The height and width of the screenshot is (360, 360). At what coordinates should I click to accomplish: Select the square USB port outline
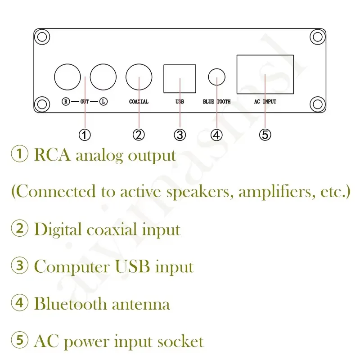(x=180, y=79)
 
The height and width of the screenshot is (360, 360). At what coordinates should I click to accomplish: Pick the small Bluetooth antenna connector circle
(x=217, y=77)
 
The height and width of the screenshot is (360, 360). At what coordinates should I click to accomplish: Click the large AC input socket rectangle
(x=265, y=75)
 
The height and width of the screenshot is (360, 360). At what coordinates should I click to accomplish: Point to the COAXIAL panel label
(x=139, y=102)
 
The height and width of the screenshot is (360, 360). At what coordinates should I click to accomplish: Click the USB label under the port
(x=180, y=102)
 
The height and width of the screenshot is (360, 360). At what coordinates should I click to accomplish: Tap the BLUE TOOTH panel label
(x=217, y=102)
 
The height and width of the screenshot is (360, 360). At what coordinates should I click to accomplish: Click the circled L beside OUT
(x=104, y=102)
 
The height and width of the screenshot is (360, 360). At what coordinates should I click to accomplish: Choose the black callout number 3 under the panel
(x=180, y=134)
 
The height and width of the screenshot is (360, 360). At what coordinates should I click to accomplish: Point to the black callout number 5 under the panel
(x=265, y=134)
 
